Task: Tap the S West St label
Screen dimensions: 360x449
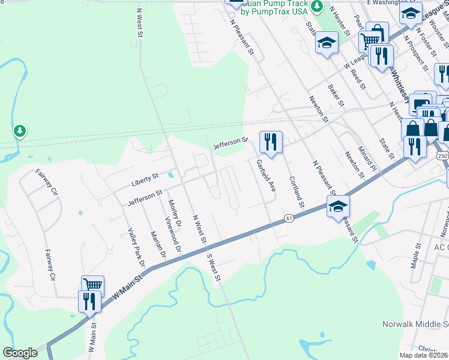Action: [214, 268]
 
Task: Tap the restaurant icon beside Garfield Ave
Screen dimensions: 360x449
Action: [270, 142]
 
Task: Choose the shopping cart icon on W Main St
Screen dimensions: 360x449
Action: [93, 285]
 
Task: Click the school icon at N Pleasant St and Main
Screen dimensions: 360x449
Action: [339, 207]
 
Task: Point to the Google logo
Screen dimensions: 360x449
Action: [20, 353]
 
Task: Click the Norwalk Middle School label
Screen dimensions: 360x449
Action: [415, 324]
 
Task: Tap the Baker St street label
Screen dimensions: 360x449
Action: [336, 96]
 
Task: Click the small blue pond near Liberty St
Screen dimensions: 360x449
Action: [172, 176]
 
